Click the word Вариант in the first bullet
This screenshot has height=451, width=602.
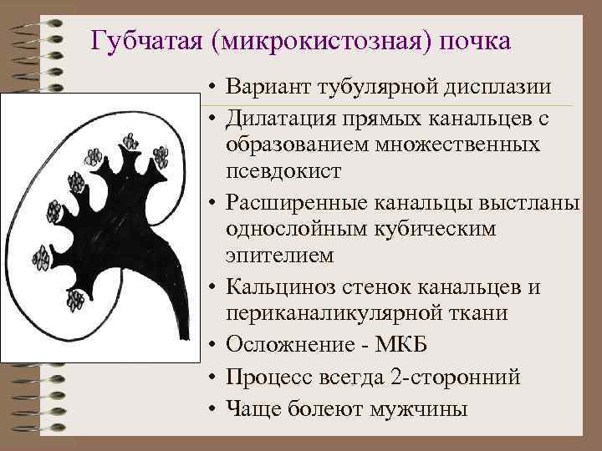[278, 88]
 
